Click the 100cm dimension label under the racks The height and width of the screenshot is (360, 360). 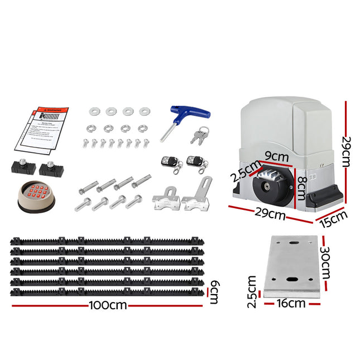pos(107,305)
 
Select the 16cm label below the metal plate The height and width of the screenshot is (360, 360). pos(291,304)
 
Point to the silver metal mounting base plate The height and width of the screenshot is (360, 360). pos(292,266)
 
